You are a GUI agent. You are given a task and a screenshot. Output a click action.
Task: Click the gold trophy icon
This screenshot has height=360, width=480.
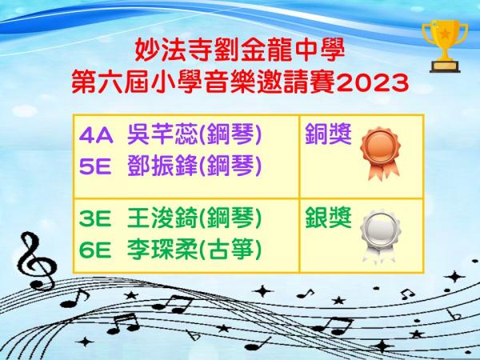(445, 46)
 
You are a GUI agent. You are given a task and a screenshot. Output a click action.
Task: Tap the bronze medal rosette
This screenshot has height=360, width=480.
(381, 153)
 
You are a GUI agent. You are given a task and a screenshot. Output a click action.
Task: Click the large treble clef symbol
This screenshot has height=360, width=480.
(37, 261)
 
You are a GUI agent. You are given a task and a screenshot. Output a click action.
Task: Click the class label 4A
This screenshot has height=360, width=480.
(96, 136)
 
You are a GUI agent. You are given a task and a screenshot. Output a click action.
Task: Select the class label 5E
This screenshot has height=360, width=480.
(95, 167)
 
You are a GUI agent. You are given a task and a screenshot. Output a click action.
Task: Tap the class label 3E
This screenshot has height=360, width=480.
(95, 219)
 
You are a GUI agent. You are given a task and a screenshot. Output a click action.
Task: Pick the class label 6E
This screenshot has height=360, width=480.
(95, 250)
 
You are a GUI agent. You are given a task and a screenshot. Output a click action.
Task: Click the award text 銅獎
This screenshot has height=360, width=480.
(328, 134)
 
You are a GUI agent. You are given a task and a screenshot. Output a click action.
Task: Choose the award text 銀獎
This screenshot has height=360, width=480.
(328, 218)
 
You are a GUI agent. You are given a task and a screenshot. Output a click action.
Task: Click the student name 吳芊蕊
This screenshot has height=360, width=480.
(163, 134)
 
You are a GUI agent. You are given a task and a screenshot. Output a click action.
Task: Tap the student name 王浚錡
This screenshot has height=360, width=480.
(163, 218)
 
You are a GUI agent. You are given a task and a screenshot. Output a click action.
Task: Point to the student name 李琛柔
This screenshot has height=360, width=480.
(163, 250)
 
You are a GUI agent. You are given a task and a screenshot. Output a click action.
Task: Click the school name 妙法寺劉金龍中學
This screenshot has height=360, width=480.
(240, 50)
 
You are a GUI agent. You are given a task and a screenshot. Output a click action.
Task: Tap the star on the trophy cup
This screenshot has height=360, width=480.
(445, 33)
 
